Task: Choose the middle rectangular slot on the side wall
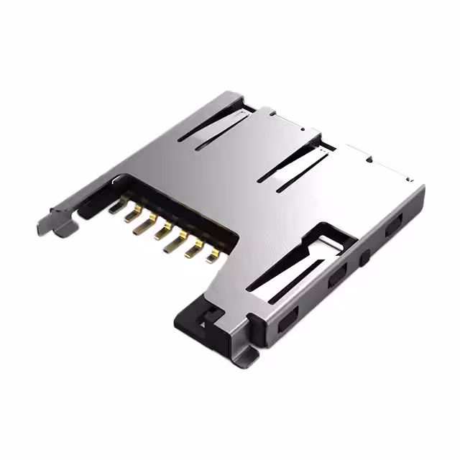tap(336, 277)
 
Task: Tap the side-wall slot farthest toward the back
tap(394, 229)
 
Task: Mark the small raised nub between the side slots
tap(365, 255)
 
